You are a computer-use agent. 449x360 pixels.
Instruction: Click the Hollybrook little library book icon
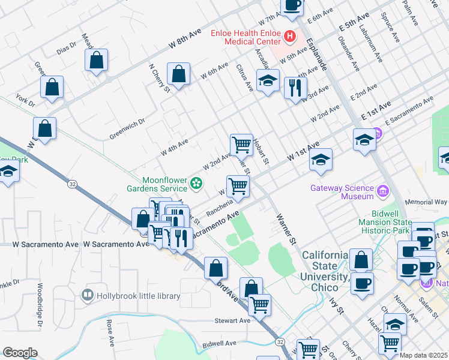click(88, 296)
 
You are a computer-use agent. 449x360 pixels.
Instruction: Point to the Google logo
click(20, 353)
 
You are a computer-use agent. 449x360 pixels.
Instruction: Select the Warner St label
click(287, 227)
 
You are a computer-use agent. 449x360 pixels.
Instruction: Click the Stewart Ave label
click(234, 320)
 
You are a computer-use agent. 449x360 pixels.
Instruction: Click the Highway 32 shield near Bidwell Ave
click(280, 341)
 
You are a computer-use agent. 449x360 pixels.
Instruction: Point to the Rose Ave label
click(110, 333)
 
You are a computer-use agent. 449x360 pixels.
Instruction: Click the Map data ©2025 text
click(423, 355)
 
